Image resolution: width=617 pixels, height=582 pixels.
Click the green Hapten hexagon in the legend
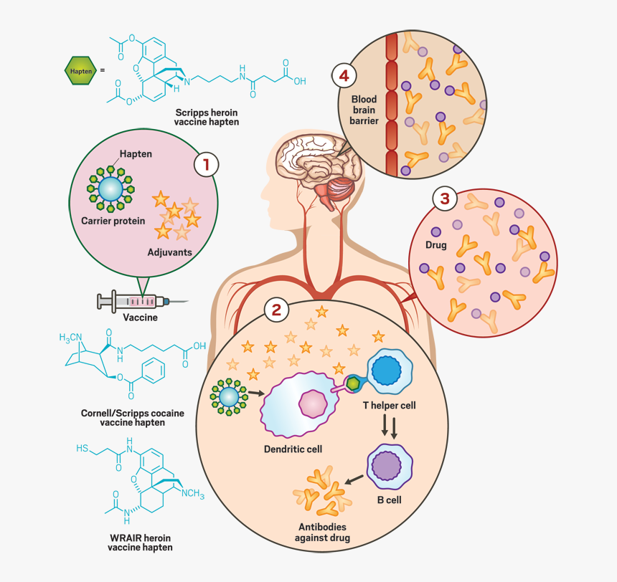[78, 70]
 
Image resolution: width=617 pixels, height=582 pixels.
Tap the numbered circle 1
[206, 164]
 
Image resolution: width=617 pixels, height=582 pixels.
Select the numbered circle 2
[276, 310]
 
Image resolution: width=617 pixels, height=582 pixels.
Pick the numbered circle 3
[445, 199]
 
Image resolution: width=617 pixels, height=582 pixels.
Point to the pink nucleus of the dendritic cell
[313, 405]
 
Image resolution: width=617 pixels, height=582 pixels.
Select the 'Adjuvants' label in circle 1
[169, 252]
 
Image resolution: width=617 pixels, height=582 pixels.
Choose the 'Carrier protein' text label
[113, 221]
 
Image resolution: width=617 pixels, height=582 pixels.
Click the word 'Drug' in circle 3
[435, 245]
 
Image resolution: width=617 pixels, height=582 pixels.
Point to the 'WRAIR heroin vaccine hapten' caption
[140, 542]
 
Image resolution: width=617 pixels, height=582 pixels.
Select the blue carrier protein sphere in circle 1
[110, 189]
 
